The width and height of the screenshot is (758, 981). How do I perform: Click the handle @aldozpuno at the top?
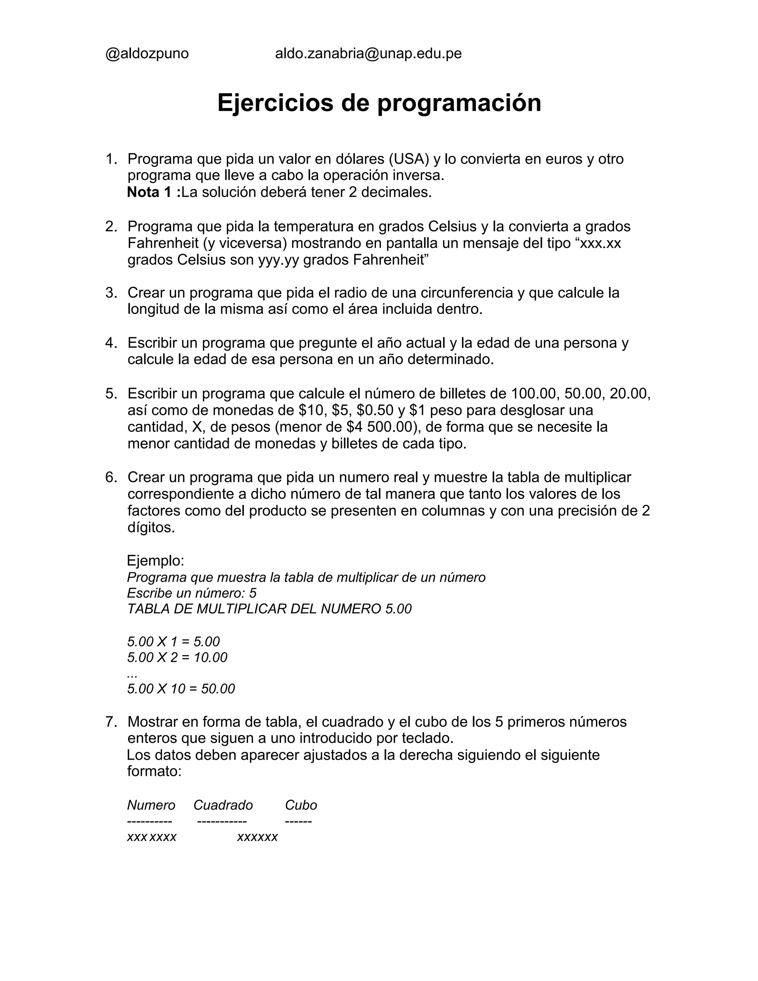pyautogui.click(x=147, y=54)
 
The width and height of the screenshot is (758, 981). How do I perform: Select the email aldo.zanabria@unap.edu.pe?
pyautogui.click(x=368, y=54)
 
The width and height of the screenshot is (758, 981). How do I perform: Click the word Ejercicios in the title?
pyautogui.click(x=275, y=103)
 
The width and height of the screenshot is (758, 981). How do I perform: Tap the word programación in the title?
pyautogui.click(x=459, y=104)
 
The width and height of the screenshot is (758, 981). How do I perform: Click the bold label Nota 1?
pyautogui.click(x=152, y=192)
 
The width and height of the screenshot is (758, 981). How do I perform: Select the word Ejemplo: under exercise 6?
pyautogui.click(x=155, y=560)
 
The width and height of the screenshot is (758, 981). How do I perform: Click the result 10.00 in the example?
pyautogui.click(x=211, y=657)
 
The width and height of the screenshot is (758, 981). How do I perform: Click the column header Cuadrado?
pyautogui.click(x=223, y=805)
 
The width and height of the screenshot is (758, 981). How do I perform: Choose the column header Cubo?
pyautogui.click(x=301, y=805)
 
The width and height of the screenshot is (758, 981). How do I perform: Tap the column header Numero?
pyautogui.click(x=151, y=805)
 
